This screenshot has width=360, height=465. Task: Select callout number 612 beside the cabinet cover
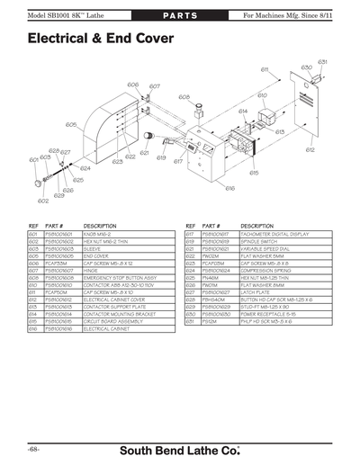tap(310, 149)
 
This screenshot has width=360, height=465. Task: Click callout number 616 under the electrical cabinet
tap(230, 188)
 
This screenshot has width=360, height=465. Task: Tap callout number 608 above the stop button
tap(184, 96)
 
